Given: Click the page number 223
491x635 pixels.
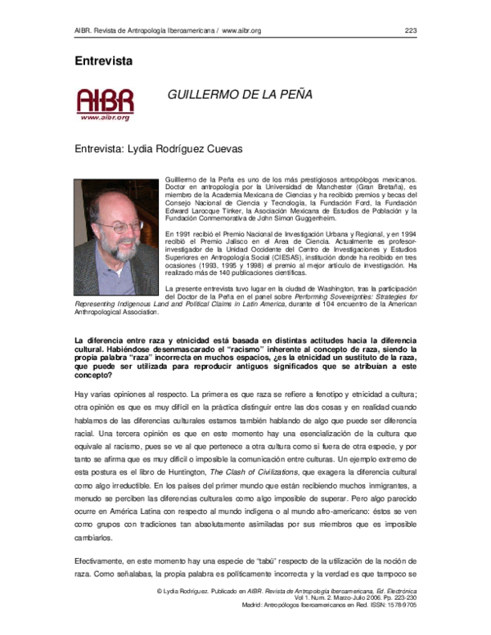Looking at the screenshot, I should tap(411, 31).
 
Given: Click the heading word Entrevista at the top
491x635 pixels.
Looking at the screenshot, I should tap(104, 61).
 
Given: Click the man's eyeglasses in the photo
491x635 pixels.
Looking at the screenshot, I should tap(119, 223).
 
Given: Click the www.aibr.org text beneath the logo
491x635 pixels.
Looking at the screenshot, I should tap(105, 118).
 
